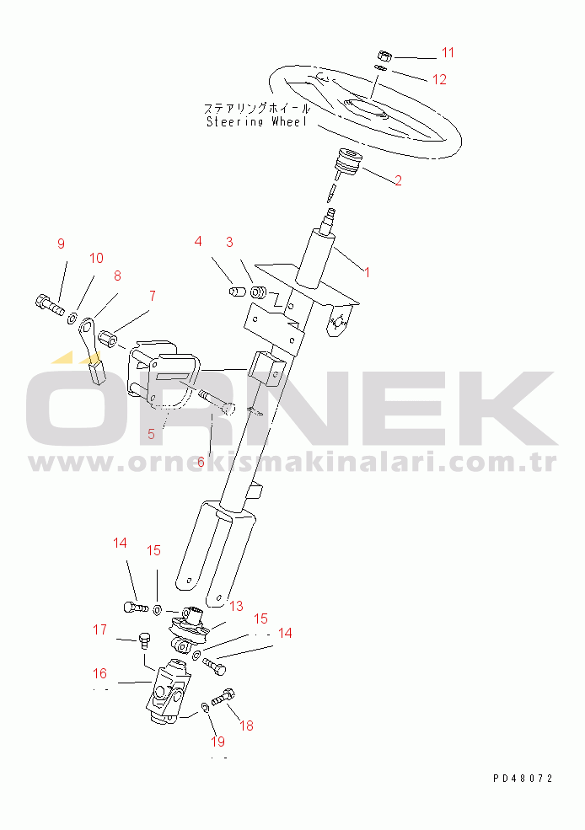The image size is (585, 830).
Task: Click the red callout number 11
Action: [x=448, y=52]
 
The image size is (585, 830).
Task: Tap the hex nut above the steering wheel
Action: [x=385, y=55]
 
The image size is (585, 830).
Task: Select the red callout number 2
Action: [x=398, y=180]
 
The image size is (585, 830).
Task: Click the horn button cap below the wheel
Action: [x=348, y=161]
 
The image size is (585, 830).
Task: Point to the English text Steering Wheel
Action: [x=256, y=121]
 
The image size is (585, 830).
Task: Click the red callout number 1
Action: [x=367, y=272]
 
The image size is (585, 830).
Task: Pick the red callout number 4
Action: [x=198, y=241]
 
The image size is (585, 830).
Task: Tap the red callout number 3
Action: [x=229, y=242]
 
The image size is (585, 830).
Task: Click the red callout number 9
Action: [x=61, y=244]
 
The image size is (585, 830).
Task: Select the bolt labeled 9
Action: [x=50, y=304]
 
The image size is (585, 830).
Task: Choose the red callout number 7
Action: [x=153, y=296]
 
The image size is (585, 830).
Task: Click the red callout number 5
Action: [x=152, y=434]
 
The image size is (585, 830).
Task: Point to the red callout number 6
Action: [x=201, y=462]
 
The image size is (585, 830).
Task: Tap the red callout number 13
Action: [x=236, y=606]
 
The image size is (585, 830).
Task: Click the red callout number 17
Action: [x=99, y=629]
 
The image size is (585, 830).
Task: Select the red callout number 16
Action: [x=99, y=673]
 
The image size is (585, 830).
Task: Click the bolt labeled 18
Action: [x=223, y=697]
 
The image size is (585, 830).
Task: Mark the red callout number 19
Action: [x=217, y=742]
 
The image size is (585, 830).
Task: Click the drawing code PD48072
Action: [x=523, y=778]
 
